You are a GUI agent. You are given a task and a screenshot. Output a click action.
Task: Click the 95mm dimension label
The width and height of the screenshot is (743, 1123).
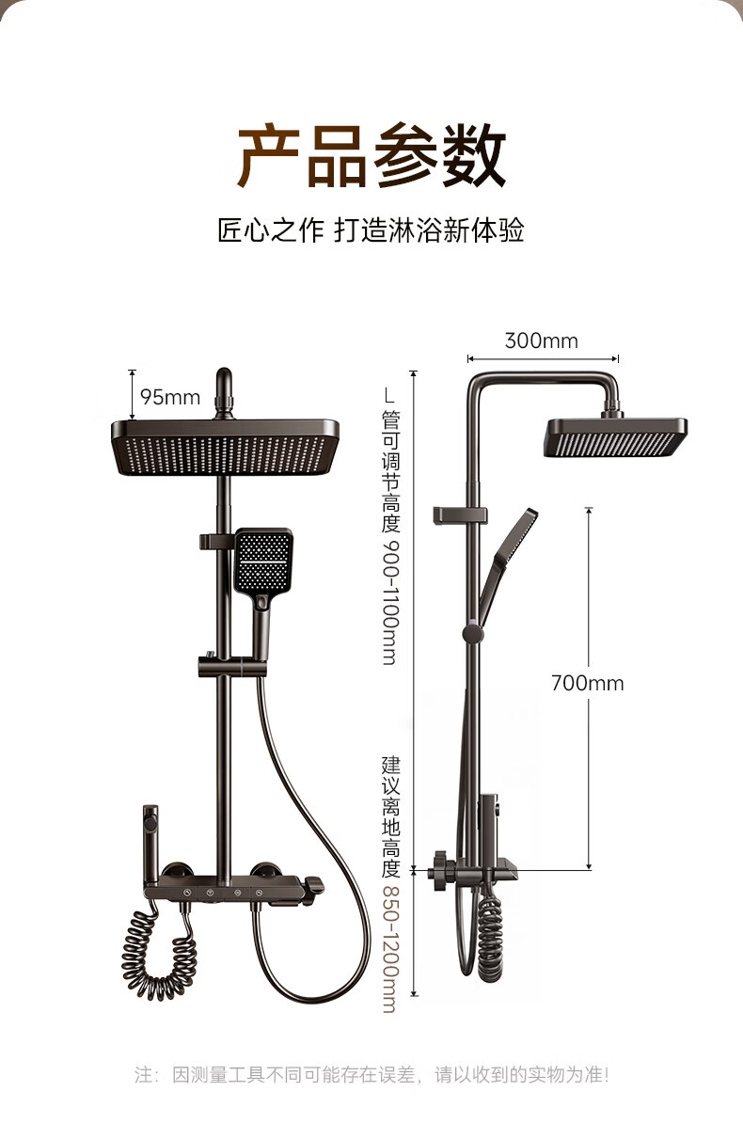[x=170, y=397]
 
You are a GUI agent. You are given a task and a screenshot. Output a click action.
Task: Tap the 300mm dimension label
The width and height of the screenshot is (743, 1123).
[x=541, y=340]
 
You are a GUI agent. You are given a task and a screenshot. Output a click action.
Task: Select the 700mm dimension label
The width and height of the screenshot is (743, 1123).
[x=587, y=683]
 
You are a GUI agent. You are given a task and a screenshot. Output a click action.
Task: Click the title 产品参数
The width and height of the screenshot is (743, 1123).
[x=371, y=157]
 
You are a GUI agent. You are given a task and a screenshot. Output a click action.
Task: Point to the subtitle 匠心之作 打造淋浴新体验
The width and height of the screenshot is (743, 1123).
[x=371, y=230]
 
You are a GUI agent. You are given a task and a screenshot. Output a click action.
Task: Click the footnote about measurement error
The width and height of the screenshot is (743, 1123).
[x=371, y=1074]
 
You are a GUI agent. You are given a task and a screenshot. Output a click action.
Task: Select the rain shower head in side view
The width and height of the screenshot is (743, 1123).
[x=615, y=437]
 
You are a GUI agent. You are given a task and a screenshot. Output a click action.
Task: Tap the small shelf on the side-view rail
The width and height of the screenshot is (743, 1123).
[x=461, y=515]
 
